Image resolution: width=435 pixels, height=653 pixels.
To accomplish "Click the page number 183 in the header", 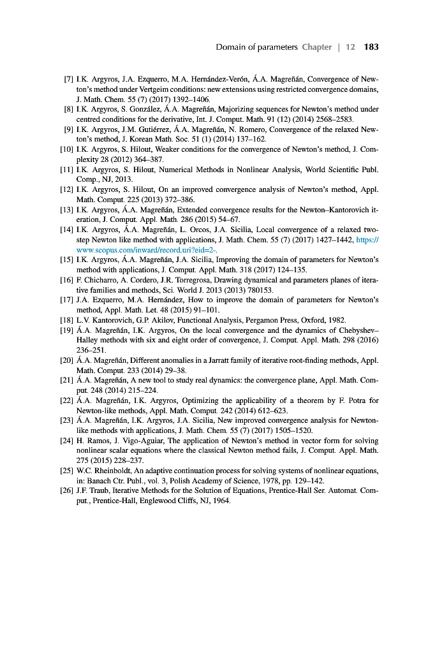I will (371, 47).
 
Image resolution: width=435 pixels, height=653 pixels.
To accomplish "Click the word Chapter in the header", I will (317, 47).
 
